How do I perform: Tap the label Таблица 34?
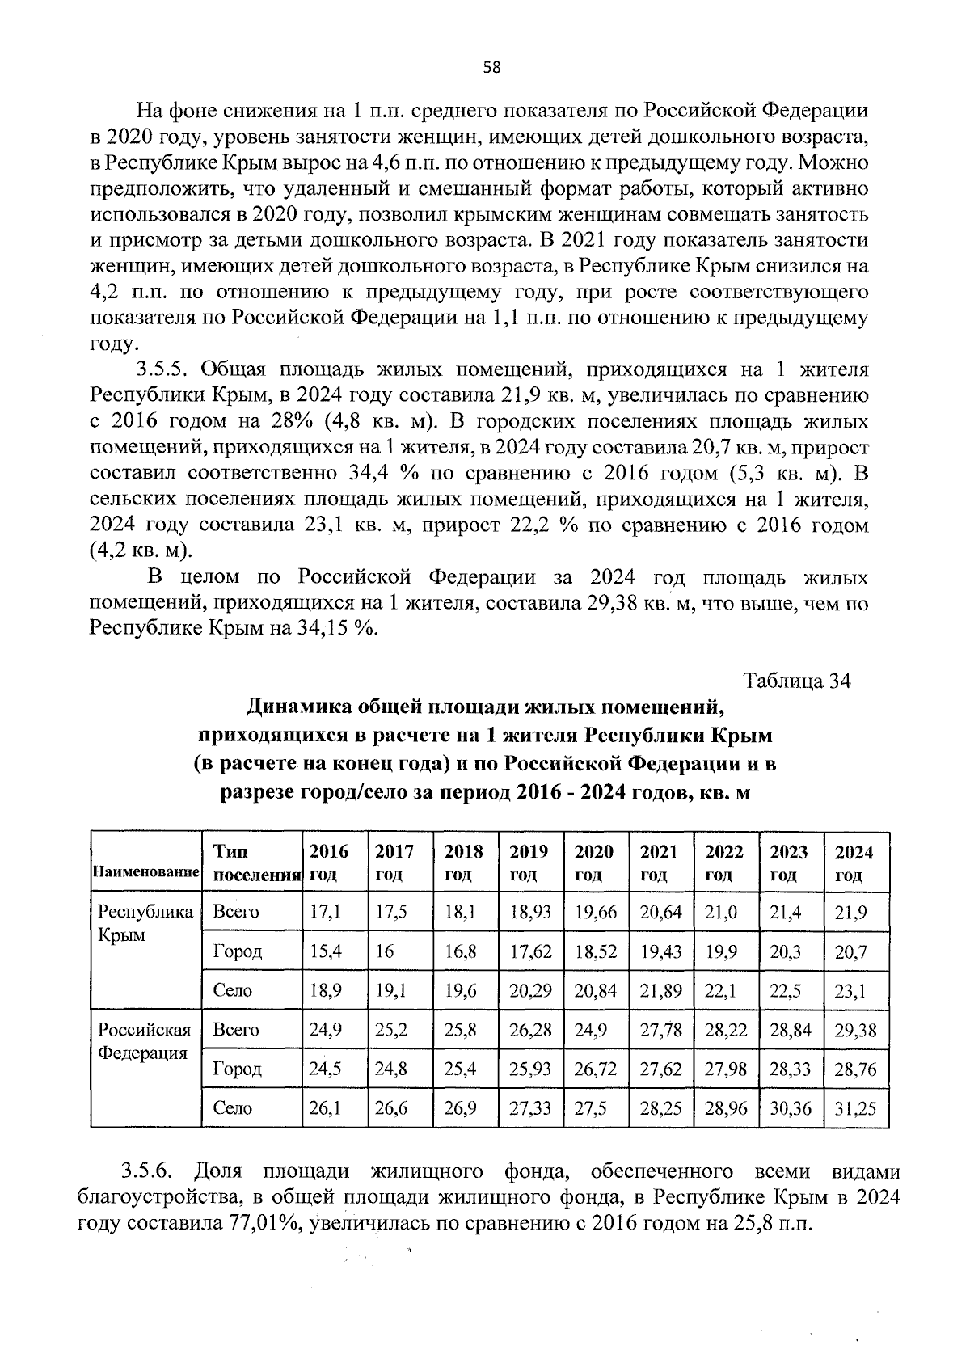tap(796, 681)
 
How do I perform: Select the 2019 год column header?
tap(529, 863)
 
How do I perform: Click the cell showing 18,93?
tap(530, 913)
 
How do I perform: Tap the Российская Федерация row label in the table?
tap(145, 1041)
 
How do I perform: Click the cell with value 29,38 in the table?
tap(855, 1031)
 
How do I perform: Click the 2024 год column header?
tap(854, 863)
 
